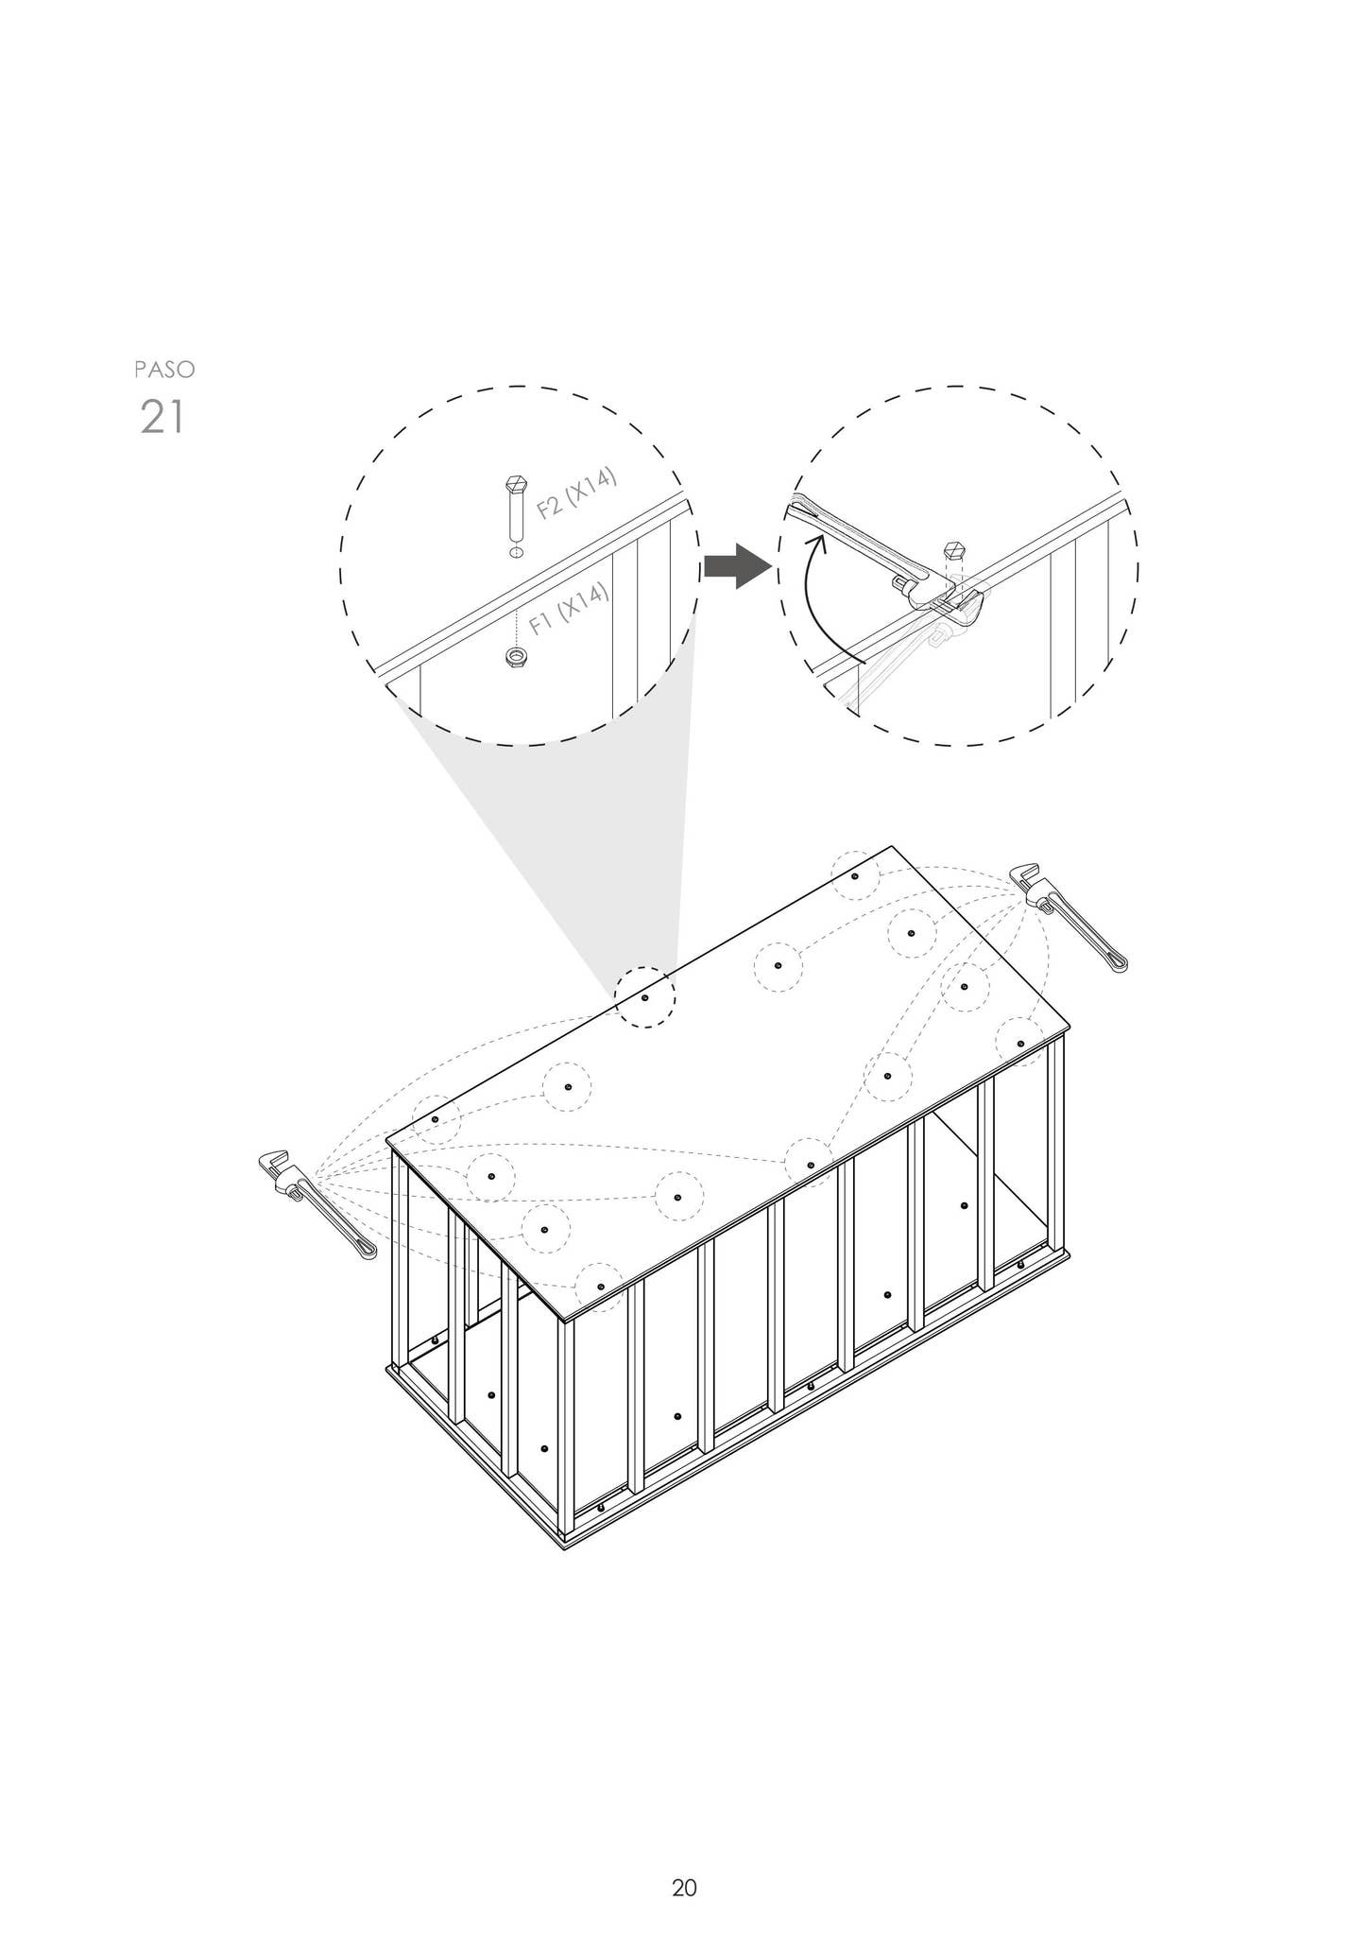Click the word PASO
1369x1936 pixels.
[x=165, y=369]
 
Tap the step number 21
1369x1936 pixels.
[x=162, y=417]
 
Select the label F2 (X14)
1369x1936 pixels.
[x=576, y=493]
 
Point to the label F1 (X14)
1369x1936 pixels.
[x=569, y=609]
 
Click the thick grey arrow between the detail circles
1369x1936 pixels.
[x=738, y=566]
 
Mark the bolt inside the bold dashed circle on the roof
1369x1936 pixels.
[x=645, y=997]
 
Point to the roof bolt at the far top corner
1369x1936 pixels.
[x=855, y=876]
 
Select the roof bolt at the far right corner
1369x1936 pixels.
[x=1020, y=1043]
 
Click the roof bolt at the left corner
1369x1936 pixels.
[x=435, y=1119]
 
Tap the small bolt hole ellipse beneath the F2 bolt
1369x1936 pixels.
[x=515, y=551]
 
